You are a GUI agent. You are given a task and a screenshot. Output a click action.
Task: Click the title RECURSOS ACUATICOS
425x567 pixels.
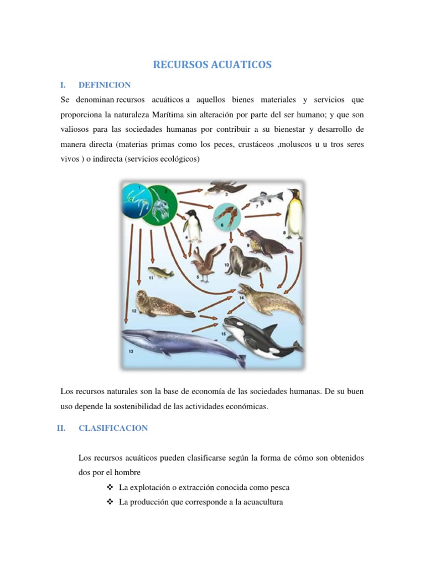point(212,65)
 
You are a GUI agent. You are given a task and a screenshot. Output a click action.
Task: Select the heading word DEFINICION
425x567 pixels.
point(105,85)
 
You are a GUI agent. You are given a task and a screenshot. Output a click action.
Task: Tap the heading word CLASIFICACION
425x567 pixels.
point(113,428)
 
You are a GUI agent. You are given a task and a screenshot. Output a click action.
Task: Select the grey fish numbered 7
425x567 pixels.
point(266,197)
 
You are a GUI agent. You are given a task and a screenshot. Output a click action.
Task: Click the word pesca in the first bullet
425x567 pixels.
point(279,488)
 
